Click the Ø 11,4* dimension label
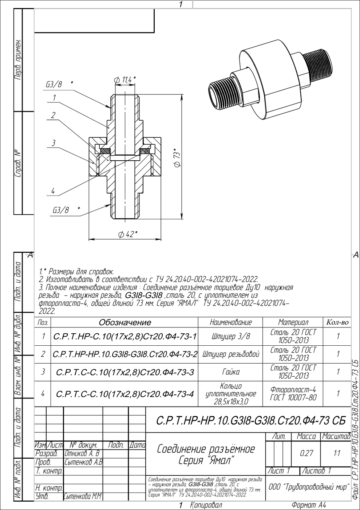[x=125, y=80]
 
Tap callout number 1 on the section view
[x=54, y=98]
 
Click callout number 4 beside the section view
[x=53, y=191]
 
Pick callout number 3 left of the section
[x=53, y=143]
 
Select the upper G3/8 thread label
[x=54, y=85]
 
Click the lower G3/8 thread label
[x=61, y=210]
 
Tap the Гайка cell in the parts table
[x=231, y=372]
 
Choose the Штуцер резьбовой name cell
[x=231, y=354]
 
